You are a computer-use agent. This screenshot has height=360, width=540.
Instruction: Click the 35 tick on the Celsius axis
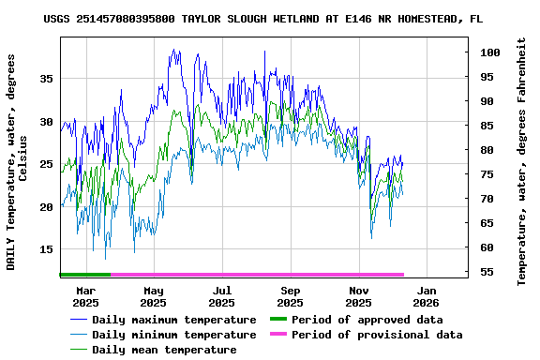point(46,79)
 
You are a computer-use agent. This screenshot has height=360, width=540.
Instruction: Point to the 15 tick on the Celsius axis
point(46,249)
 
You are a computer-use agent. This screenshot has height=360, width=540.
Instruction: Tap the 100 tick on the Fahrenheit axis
point(487,52)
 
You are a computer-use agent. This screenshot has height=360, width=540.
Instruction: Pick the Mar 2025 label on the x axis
point(85,296)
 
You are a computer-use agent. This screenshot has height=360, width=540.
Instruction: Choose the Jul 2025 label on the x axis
point(221,296)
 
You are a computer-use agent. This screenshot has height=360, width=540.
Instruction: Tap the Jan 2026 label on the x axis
point(427,296)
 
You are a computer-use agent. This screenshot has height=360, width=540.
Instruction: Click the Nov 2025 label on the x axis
point(358,296)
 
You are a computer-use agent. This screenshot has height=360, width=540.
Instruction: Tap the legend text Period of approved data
point(367,320)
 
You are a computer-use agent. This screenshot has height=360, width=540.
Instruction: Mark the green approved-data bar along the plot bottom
point(84,275)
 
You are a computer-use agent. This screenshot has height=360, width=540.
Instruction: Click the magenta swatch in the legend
point(277,335)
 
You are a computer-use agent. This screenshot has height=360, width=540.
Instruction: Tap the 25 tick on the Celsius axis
point(46,164)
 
